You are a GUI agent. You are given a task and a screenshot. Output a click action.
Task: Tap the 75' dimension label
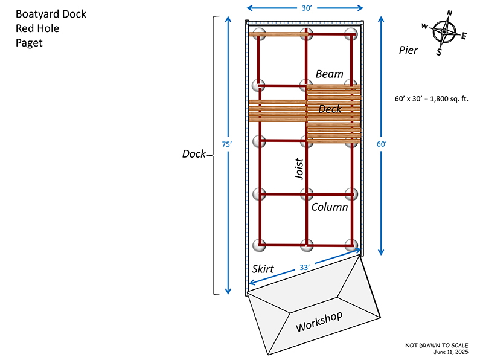click(227, 145)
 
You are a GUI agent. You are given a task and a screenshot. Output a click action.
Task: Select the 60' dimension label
click(381, 144)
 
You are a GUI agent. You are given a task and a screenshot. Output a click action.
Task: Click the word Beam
click(329, 74)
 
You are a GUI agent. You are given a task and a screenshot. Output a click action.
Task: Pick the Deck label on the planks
click(330, 109)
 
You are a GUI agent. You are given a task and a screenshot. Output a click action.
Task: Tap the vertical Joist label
click(299, 169)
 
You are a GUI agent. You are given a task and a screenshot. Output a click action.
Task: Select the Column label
click(330, 207)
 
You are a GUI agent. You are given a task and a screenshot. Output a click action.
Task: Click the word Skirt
click(263, 269)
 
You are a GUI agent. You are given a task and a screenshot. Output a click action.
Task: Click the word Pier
click(408, 50)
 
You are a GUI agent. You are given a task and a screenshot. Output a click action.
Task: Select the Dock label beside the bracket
click(194, 153)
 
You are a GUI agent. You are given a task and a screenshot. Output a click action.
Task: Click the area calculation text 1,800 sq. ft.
click(431, 98)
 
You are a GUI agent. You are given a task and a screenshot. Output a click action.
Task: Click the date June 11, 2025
click(450, 351)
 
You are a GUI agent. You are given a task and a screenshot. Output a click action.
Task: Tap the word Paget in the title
click(29, 42)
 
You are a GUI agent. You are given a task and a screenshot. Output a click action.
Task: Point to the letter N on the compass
click(449, 13)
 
